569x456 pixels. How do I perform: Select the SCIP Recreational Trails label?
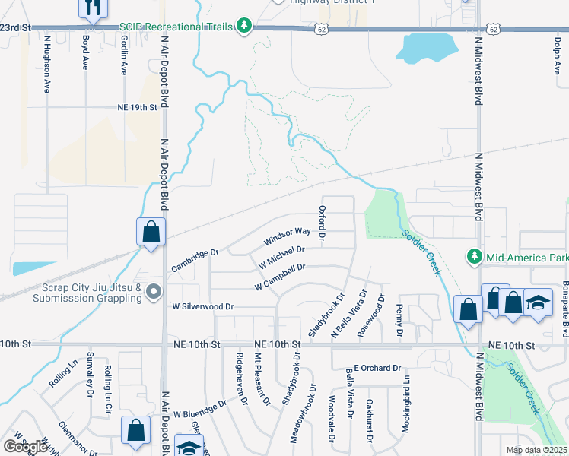[180, 27]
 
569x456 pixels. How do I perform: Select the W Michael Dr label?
[281, 255]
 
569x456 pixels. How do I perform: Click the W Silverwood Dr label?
[201, 306]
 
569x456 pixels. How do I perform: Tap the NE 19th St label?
[137, 108]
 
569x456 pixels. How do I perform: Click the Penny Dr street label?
[399, 320]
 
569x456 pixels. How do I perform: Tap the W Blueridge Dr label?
[199, 409]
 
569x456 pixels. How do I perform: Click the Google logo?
[26, 446]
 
